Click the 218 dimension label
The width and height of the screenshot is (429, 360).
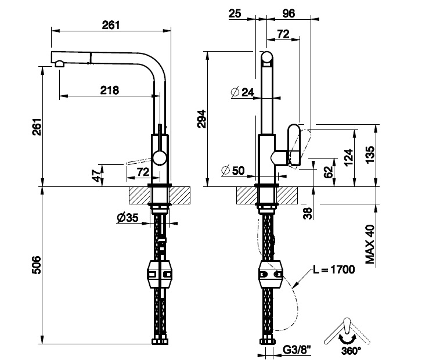click(110, 90)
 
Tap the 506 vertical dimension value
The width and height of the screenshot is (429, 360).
click(37, 265)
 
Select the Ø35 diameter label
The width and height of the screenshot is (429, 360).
click(128, 218)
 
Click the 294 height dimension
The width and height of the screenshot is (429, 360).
click(201, 118)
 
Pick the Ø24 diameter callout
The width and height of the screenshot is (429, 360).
click(243, 92)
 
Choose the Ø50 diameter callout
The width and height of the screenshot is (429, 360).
click(233, 171)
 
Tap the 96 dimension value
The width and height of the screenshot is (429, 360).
click(289, 13)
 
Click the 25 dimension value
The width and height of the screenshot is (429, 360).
click(235, 13)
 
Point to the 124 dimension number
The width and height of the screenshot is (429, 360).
click(349, 157)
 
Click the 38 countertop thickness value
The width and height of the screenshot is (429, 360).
click(308, 213)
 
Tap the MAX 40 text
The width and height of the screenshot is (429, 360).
click(370, 244)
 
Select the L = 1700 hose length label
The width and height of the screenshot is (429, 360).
click(334, 269)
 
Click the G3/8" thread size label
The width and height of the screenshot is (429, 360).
click(297, 350)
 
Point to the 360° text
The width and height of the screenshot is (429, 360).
click(351, 351)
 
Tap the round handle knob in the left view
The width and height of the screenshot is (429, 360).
click(160, 158)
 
